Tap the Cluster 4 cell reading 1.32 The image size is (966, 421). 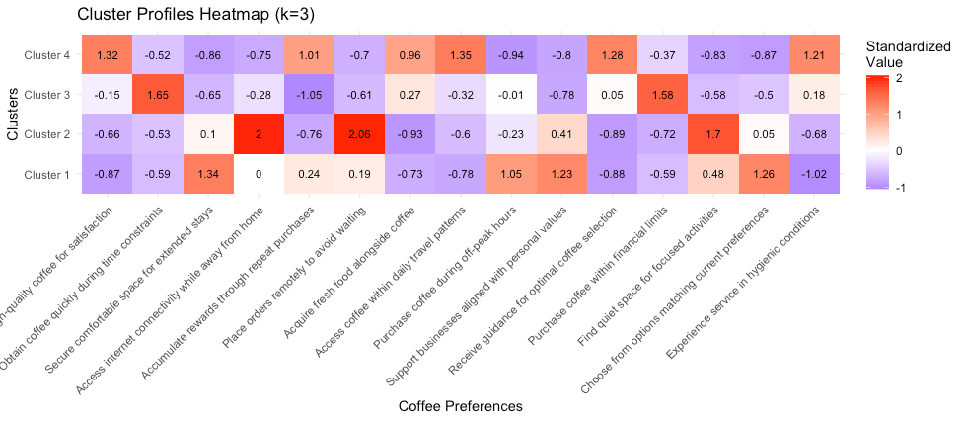108,54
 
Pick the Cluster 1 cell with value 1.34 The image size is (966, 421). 208,175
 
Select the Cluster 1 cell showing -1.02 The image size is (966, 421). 814,175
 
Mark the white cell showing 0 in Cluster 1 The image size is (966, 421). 259,175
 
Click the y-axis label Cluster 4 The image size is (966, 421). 47,55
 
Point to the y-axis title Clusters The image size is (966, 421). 13,115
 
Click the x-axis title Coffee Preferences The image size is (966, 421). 460,406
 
